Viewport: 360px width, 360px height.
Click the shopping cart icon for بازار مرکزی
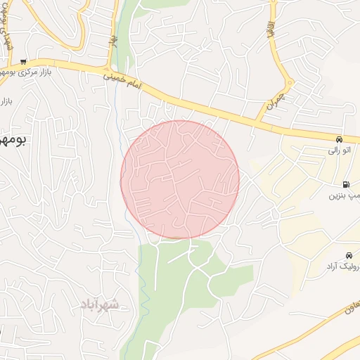coord(23,61)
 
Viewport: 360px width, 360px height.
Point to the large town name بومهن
coord(13,140)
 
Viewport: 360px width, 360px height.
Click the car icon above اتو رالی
coord(340,139)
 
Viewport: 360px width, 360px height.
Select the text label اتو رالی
coord(340,150)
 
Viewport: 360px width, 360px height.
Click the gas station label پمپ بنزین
coord(345,193)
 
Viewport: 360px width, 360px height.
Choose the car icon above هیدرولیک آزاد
coord(349,255)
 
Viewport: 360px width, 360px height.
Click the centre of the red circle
coord(180,180)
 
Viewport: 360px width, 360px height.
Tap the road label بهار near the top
coord(112,42)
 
